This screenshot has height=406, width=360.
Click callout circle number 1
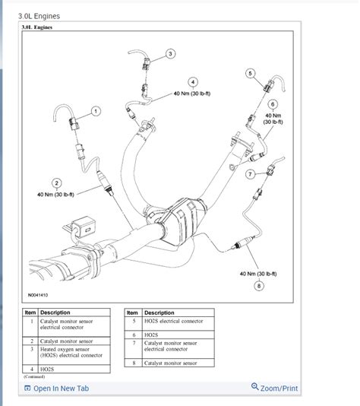pyautogui.click(x=96, y=111)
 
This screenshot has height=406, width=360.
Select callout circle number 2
pyautogui.click(x=56, y=182)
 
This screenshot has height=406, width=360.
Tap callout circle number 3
pyautogui.click(x=170, y=53)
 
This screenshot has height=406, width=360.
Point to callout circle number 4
pyautogui.click(x=193, y=82)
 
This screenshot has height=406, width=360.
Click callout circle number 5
pyautogui.click(x=250, y=73)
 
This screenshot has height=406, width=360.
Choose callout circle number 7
pyautogui.click(x=250, y=174)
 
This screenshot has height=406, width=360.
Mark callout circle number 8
pyautogui.click(x=258, y=285)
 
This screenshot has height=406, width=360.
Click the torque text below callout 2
pyautogui.click(x=56, y=195)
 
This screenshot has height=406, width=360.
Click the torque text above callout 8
pyautogui.click(x=258, y=273)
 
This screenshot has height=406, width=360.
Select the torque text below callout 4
pyautogui.click(x=193, y=94)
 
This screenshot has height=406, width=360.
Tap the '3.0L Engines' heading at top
pyautogui.click(x=39, y=15)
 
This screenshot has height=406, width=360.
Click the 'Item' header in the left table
pyautogui.click(x=30, y=312)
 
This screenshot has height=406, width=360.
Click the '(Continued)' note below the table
pyautogui.click(x=35, y=376)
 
